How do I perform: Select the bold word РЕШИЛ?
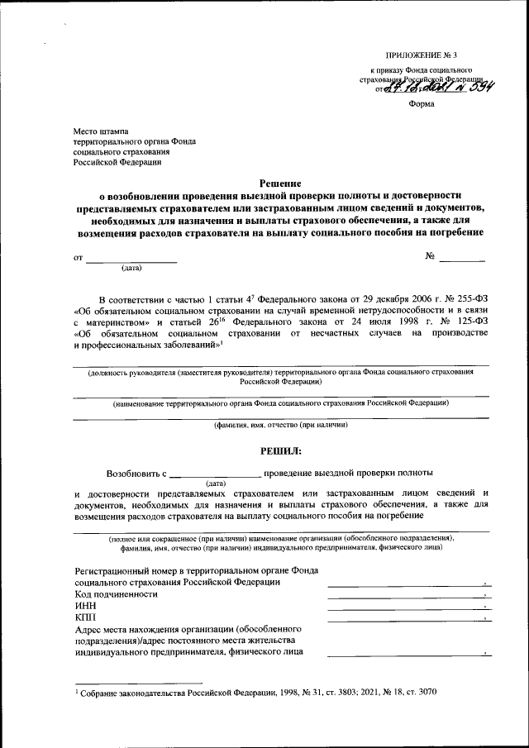pos(281,450)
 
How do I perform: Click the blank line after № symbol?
pos(461,260)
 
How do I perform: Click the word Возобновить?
pos(135,474)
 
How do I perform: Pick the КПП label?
pos(85,617)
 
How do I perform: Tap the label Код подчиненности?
pos(116,594)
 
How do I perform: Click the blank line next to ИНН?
pos(405,608)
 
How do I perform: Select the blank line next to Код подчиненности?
pos(405,596)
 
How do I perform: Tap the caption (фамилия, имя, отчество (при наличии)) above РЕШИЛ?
pos(281,425)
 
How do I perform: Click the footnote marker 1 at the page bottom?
pos(75,689)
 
